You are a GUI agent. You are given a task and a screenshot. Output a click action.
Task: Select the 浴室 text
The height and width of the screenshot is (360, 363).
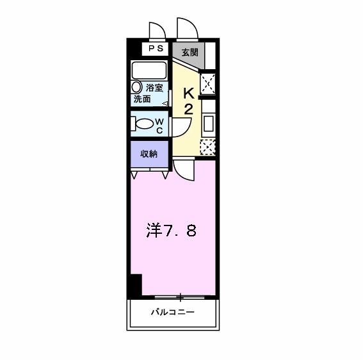154,88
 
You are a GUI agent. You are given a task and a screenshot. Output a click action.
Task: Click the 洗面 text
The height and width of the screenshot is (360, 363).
142,99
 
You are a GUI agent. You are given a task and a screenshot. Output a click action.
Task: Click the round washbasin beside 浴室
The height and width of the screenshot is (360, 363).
136,86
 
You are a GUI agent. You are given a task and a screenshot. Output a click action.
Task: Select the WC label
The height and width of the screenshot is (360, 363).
160,124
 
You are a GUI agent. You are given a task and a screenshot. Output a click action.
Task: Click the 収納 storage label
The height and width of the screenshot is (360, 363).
150,154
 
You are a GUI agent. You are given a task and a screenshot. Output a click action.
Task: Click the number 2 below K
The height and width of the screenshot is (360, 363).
189,108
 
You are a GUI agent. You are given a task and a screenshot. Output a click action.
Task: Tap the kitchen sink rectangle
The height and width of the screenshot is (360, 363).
209,122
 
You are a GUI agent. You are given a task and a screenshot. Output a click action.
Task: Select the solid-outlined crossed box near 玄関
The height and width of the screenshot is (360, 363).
208,84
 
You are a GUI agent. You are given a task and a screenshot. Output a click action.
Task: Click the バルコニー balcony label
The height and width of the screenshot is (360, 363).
172,313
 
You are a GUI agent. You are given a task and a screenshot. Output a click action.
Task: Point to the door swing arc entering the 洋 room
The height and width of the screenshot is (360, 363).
184,170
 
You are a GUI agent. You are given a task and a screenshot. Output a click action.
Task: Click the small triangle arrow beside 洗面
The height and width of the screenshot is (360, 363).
165,102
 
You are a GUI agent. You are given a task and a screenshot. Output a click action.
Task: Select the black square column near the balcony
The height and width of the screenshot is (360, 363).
134,285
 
